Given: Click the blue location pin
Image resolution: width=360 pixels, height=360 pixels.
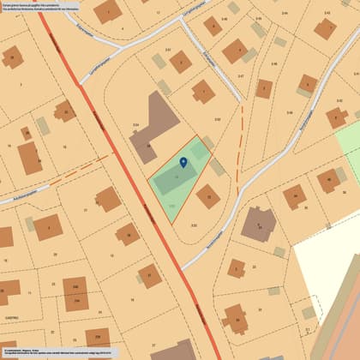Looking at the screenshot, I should click(183, 163).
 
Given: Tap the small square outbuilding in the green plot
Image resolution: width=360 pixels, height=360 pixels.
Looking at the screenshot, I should click(200, 151).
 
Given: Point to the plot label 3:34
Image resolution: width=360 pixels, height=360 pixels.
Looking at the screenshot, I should click(135, 126).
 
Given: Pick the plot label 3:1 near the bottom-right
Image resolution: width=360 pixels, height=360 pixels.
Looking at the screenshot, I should click(307, 329).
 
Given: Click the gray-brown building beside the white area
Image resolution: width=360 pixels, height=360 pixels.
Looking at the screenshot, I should click(258, 224).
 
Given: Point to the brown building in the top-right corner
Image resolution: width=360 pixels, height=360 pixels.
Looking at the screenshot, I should click(325, 27).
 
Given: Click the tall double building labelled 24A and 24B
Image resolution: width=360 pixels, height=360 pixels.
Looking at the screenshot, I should click(75, 294).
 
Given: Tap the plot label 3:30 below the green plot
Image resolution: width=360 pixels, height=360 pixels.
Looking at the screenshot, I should click(195, 225).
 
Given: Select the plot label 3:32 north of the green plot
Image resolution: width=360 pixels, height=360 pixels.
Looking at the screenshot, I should click(217, 119).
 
